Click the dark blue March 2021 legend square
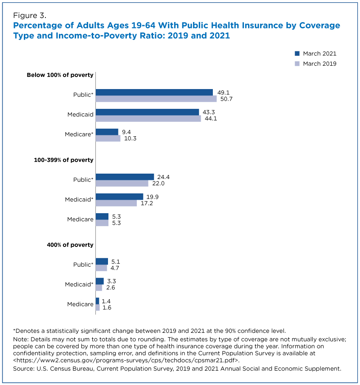[x=297, y=54]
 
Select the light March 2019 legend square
[x=297, y=63]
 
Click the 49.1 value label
[x=223, y=93]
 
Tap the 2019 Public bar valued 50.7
[x=156, y=98]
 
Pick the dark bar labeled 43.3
[x=148, y=112]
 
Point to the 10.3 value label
[x=130, y=139]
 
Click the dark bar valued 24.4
[x=125, y=177]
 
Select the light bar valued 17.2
[x=116, y=203]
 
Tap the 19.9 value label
[x=153, y=197]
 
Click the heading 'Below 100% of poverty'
[x=60, y=75]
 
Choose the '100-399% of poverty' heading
[x=63, y=160]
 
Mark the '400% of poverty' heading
[x=70, y=245]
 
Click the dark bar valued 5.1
[x=102, y=261]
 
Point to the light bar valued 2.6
[x=99, y=287]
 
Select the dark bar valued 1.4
[x=98, y=301]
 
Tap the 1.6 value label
[x=107, y=308]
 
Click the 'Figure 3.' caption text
[x=30, y=15]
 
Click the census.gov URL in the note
[x=126, y=360]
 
